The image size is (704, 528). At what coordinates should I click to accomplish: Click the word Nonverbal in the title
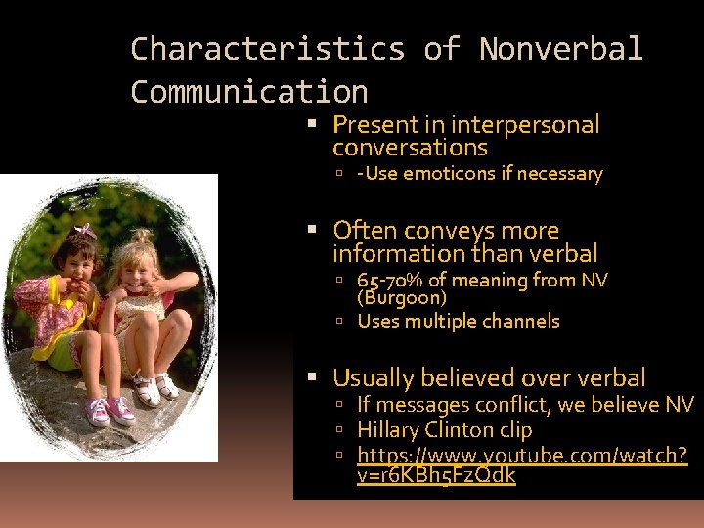[x=560, y=48]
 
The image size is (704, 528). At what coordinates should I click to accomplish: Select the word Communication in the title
[x=248, y=92]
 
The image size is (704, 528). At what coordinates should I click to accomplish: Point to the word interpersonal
[x=525, y=125]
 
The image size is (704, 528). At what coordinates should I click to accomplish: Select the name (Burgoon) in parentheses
[x=401, y=298]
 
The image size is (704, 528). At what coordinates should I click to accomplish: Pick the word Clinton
[x=460, y=430]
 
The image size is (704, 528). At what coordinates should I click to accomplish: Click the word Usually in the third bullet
[x=373, y=377]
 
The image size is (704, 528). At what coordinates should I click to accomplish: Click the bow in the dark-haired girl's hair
[x=86, y=231]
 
